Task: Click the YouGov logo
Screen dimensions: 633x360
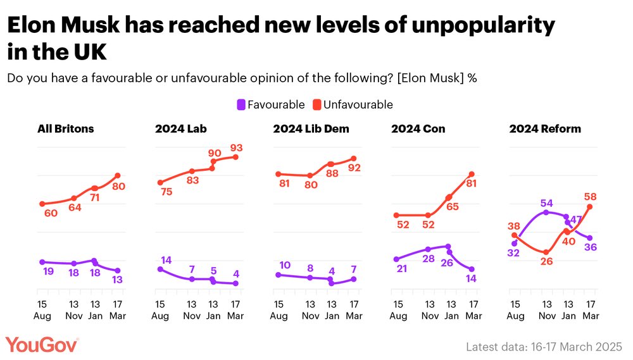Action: click(x=42, y=345)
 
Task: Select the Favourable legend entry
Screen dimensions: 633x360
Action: click(x=271, y=105)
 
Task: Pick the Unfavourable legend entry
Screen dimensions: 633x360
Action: click(x=353, y=105)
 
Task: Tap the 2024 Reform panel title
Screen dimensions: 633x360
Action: click(x=545, y=128)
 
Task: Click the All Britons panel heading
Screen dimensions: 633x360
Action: click(x=66, y=128)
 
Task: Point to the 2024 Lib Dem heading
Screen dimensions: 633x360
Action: click(x=311, y=128)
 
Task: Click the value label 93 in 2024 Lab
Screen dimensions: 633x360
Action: click(x=237, y=148)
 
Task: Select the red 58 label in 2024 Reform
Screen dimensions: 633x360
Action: click(x=590, y=197)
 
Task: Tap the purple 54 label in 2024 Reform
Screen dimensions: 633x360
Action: click(x=547, y=203)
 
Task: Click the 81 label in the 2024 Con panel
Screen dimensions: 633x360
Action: click(x=472, y=183)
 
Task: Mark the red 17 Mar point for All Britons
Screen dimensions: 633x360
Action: click(x=118, y=175)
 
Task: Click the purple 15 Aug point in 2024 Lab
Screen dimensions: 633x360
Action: click(x=160, y=269)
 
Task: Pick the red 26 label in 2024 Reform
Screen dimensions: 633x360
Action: click(x=547, y=261)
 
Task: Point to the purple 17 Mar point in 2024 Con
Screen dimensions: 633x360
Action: click(x=472, y=269)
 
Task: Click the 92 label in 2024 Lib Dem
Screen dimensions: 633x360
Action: click(x=354, y=168)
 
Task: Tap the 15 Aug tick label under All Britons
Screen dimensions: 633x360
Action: click(x=42, y=310)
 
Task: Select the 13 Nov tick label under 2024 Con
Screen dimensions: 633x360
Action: click(x=430, y=310)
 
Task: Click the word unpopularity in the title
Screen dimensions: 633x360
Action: click(x=484, y=26)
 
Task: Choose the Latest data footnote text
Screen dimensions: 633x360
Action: click(x=544, y=347)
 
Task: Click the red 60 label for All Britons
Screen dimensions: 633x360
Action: click(x=51, y=213)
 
